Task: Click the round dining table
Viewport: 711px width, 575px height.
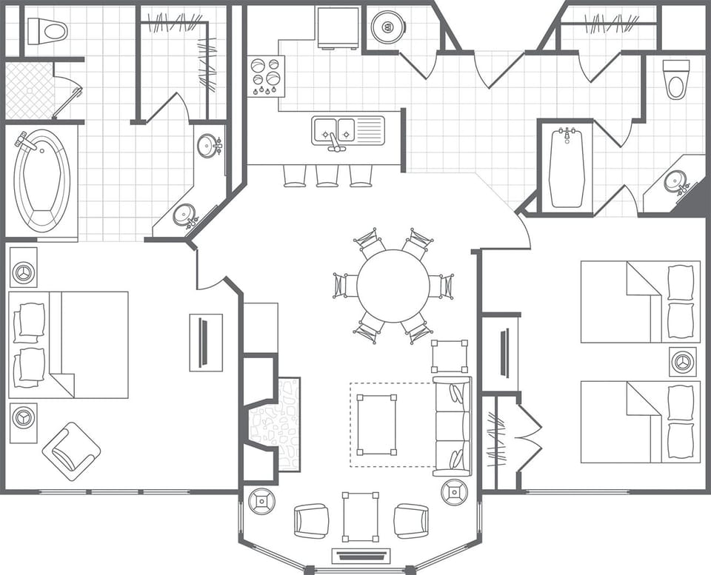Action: pos(393,286)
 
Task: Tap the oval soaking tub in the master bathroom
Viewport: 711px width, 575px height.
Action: pos(42,181)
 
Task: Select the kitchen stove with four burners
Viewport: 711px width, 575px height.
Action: pos(266,76)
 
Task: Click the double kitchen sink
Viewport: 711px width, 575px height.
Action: pos(338,130)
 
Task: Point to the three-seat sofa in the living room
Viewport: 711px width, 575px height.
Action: pos(452,426)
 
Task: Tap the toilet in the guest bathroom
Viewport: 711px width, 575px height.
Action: pos(675,80)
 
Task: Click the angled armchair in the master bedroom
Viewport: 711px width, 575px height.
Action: pos(71,451)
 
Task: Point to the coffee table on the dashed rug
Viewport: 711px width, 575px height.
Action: pos(376,425)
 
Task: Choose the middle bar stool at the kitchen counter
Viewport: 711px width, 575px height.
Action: pos(327,175)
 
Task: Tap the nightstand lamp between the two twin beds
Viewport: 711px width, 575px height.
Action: pos(683,361)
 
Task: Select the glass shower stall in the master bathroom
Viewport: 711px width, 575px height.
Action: pos(30,90)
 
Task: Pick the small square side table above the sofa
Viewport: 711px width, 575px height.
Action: pos(450,356)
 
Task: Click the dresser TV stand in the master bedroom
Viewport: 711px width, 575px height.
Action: pos(206,343)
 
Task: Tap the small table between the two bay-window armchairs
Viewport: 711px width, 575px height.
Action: pos(360,517)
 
